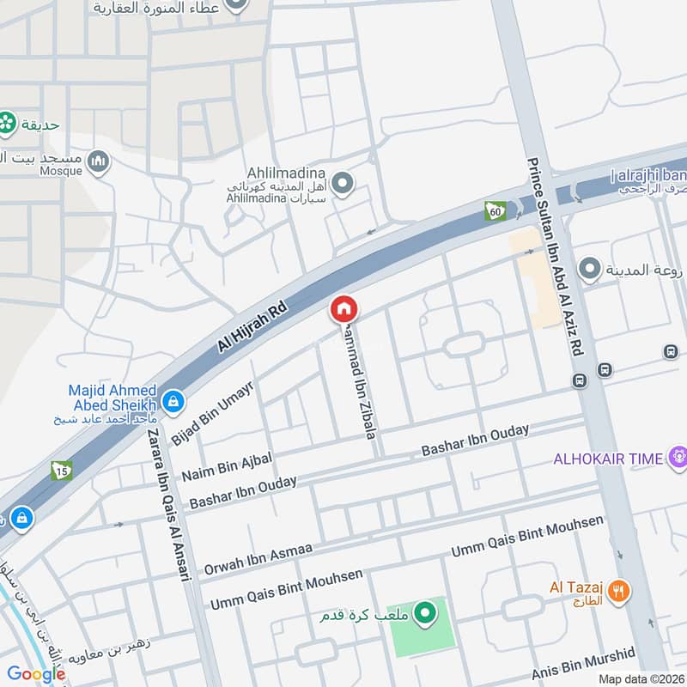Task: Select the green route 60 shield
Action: pyautogui.click(x=494, y=210)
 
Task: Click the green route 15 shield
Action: pyautogui.click(x=60, y=470)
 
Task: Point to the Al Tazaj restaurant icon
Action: pyautogui.click(x=619, y=589)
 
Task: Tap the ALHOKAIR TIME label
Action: pyautogui.click(x=608, y=459)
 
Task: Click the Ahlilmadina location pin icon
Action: pyautogui.click(x=343, y=183)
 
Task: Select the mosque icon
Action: pyautogui.click(x=100, y=160)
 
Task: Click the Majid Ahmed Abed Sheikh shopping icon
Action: pyautogui.click(x=173, y=400)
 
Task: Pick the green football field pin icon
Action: pyautogui.click(x=423, y=613)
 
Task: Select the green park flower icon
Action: pyautogui.click(x=8, y=124)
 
